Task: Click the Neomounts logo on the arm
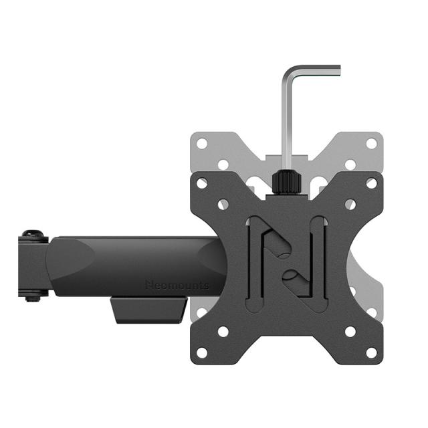pyautogui.click(x=177, y=285)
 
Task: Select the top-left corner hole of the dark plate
pyautogui.click(x=201, y=183)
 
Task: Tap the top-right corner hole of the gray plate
pyautogui.click(x=371, y=143)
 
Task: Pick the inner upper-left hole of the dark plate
pyautogui.click(x=223, y=204)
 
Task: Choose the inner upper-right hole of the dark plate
pyautogui.click(x=350, y=204)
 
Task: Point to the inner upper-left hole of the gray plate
pyautogui.click(x=223, y=164)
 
